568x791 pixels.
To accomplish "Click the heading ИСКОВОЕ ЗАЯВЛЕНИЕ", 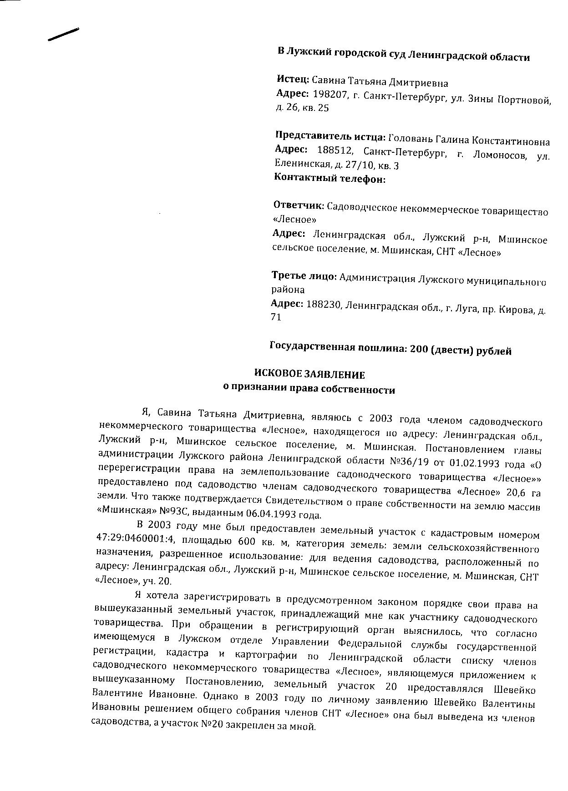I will tap(309, 375).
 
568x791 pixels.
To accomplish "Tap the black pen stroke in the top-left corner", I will tap(63, 34).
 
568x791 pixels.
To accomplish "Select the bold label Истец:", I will tap(293, 79).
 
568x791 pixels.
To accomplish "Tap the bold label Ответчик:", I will tap(299, 206).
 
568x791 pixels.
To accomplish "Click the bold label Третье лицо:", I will tap(304, 276).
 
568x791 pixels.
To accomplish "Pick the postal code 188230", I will tap(324, 304).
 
